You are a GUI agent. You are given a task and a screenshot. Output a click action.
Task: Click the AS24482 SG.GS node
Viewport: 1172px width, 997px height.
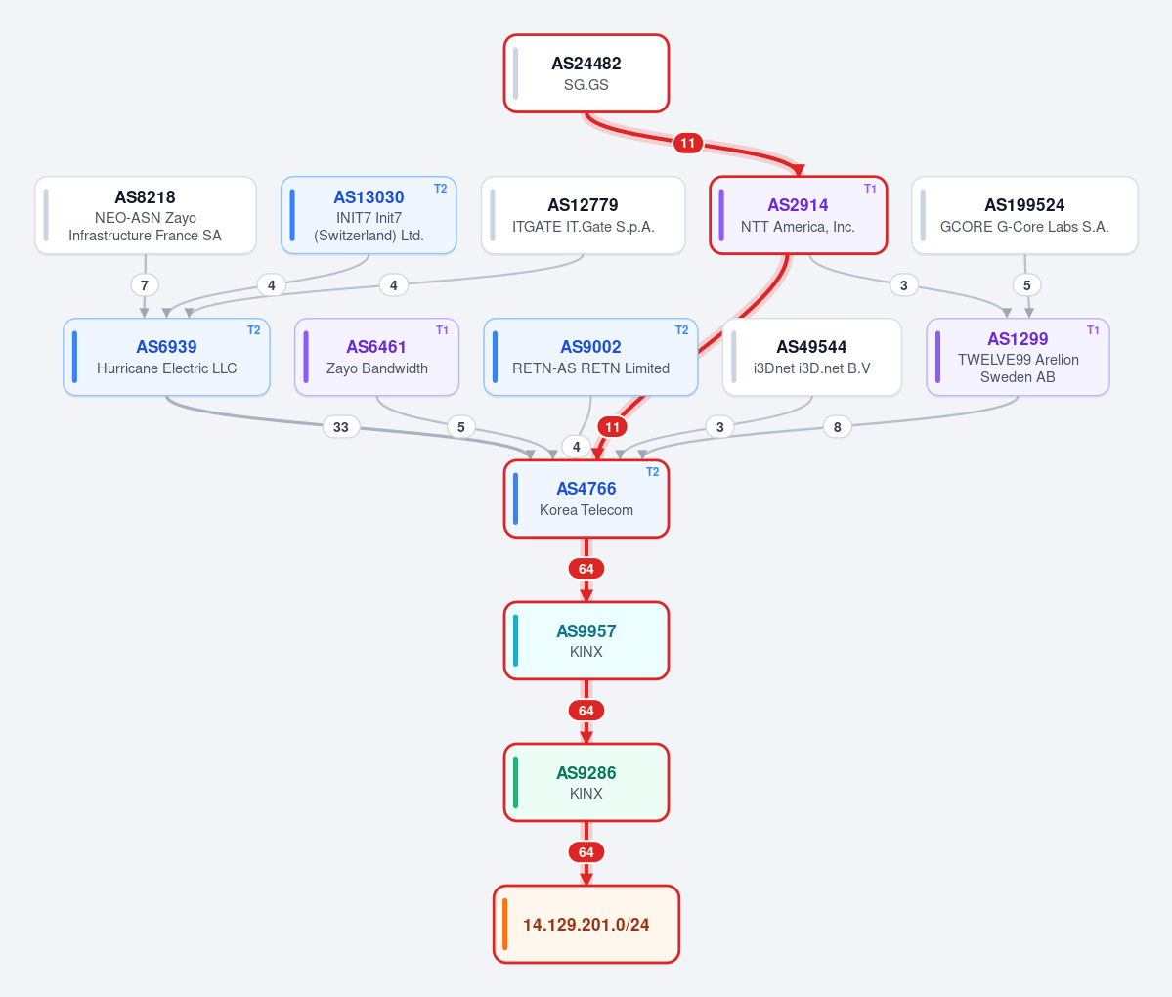tap(586, 73)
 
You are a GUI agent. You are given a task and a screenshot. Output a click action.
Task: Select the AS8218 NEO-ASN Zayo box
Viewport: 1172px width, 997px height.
tap(145, 215)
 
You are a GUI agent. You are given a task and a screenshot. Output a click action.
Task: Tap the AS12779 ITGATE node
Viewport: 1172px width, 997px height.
tap(583, 215)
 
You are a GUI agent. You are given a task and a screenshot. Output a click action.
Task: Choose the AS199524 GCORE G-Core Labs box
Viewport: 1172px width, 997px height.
tap(1024, 215)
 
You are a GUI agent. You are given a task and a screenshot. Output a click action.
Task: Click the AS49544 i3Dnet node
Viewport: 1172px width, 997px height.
tap(811, 357)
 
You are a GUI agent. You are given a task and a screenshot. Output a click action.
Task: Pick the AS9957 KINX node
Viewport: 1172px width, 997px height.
tap(586, 640)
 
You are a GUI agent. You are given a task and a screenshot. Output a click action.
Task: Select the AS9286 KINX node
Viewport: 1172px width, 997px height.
tap(586, 783)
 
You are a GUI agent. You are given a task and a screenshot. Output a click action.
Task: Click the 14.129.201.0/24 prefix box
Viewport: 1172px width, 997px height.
tap(586, 925)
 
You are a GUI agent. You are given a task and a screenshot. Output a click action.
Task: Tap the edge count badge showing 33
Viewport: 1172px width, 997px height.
tap(341, 427)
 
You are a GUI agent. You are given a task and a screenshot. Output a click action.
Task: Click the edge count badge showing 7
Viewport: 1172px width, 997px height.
tap(145, 284)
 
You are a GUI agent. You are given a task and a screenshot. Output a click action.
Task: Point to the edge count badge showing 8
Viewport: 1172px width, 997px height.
tap(837, 427)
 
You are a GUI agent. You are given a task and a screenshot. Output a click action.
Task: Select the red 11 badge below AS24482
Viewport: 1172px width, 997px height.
tap(687, 143)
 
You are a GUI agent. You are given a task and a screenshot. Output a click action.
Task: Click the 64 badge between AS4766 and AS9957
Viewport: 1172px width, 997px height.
tap(586, 569)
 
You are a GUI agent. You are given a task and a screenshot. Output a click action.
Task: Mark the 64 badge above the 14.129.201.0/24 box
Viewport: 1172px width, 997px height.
tap(586, 852)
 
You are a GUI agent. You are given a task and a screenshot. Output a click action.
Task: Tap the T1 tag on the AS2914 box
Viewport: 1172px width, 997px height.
tap(870, 189)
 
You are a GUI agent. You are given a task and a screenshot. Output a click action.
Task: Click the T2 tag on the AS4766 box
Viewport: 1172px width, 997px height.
tap(653, 471)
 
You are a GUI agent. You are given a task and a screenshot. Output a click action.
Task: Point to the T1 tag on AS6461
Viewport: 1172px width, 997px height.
tap(443, 330)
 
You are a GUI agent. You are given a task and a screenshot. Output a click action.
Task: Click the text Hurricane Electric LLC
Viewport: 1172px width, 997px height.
tap(167, 368)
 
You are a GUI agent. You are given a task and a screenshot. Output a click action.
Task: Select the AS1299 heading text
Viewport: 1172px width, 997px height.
tap(1018, 338)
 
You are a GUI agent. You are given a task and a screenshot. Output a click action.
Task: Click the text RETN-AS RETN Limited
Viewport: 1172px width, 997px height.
tap(590, 368)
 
